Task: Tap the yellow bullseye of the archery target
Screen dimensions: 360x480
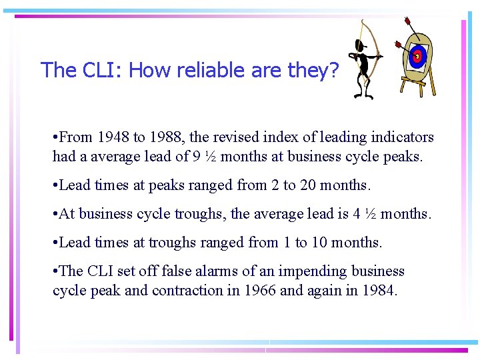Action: click(417, 57)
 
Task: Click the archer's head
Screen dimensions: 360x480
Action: click(361, 47)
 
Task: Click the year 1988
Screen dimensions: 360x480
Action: click(167, 138)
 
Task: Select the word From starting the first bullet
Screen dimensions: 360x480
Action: click(77, 138)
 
